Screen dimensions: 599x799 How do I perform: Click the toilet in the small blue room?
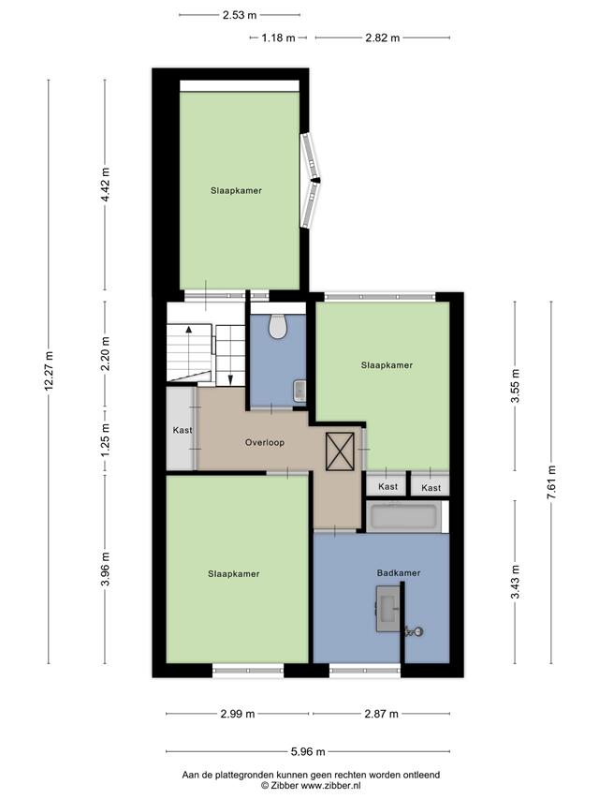[278, 327]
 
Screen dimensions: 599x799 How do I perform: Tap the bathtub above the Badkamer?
[403, 517]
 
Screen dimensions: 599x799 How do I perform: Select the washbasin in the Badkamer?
[388, 609]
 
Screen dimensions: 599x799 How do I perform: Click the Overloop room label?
[265, 443]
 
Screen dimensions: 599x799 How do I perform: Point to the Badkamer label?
[399, 573]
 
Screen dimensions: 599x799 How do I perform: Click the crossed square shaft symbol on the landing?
[340, 451]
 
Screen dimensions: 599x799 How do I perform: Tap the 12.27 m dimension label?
[49, 372]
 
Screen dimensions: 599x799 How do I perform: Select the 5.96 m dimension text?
[308, 751]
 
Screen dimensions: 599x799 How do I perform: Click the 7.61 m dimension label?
[551, 482]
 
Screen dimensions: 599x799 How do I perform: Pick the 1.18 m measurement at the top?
[279, 37]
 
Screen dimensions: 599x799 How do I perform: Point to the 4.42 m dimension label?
[106, 185]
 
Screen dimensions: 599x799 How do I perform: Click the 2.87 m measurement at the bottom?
[382, 714]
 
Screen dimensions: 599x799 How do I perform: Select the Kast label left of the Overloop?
[183, 430]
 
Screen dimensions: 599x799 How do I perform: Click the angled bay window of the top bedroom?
[311, 181]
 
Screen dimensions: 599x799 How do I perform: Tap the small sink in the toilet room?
[299, 390]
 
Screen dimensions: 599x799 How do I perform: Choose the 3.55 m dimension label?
[516, 385]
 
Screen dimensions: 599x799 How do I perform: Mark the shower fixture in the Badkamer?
[414, 632]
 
